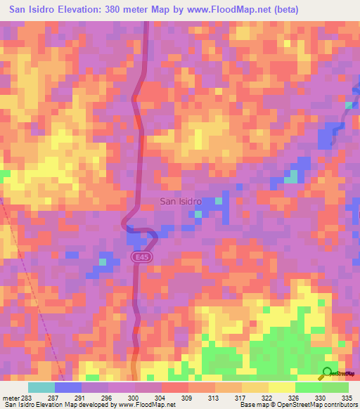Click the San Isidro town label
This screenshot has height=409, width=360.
point(181,201)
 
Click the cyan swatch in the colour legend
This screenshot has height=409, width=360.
point(41,387)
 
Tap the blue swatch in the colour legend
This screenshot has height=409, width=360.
point(68,387)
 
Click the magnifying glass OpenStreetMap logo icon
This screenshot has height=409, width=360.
point(328,373)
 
